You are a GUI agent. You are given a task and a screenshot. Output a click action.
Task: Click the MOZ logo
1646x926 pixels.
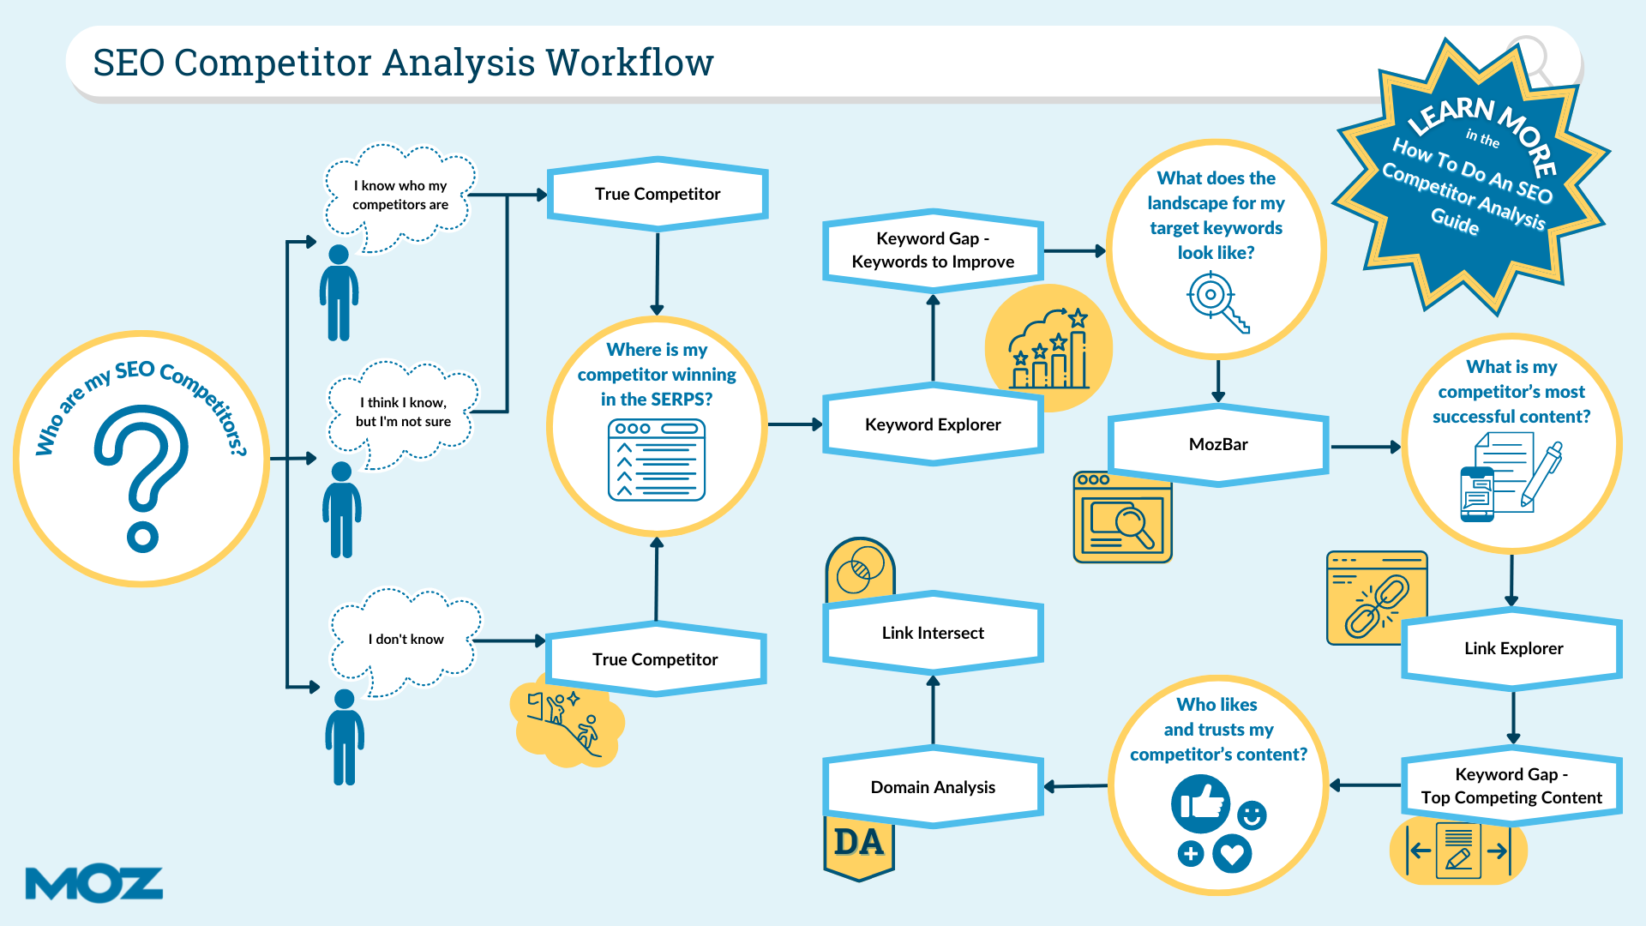[94, 884]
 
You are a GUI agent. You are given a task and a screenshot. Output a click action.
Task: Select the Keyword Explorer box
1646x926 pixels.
[933, 424]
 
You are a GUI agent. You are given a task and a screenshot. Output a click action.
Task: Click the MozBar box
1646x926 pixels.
[1218, 444]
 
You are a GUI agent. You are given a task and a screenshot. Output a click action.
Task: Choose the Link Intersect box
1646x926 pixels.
[933, 633]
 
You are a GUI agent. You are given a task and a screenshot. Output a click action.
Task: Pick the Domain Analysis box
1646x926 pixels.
[933, 787]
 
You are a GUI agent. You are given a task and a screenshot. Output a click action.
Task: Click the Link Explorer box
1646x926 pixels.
[1513, 648]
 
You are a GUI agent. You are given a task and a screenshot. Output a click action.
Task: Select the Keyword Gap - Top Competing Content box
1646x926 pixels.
[1511, 785]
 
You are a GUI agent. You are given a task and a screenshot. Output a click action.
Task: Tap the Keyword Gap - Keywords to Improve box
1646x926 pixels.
[933, 250]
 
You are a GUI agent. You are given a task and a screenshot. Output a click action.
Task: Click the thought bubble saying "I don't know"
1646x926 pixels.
[406, 639]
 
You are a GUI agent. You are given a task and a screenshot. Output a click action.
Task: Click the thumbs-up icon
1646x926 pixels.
[1201, 804]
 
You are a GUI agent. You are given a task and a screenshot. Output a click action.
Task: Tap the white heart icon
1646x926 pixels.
[1232, 854]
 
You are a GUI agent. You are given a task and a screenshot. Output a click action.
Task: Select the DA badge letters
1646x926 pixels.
[859, 842]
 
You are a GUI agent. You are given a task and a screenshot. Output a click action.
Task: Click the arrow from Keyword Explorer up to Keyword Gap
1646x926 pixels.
[933, 338]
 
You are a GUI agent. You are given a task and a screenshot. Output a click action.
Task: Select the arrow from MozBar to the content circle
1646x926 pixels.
[1366, 447]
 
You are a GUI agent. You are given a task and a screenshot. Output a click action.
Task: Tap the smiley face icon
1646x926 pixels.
[1252, 815]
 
